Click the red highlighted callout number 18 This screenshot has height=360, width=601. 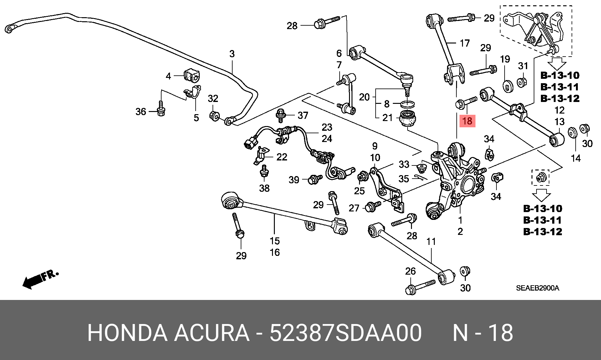point(467,121)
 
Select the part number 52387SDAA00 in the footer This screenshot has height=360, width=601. point(346,332)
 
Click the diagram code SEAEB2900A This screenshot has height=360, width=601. point(537,288)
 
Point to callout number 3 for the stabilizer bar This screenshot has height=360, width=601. point(232,54)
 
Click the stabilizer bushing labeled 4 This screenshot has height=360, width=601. point(192,75)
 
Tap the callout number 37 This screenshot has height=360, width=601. point(303,115)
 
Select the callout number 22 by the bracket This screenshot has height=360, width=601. point(282,157)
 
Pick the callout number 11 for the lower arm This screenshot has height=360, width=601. point(431,241)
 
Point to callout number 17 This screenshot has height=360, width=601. point(465,43)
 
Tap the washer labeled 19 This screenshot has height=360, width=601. point(507,86)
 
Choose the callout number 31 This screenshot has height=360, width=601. point(523,66)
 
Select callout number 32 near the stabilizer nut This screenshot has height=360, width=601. point(213,99)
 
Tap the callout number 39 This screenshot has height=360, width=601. point(294,180)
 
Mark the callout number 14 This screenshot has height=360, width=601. point(576,158)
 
